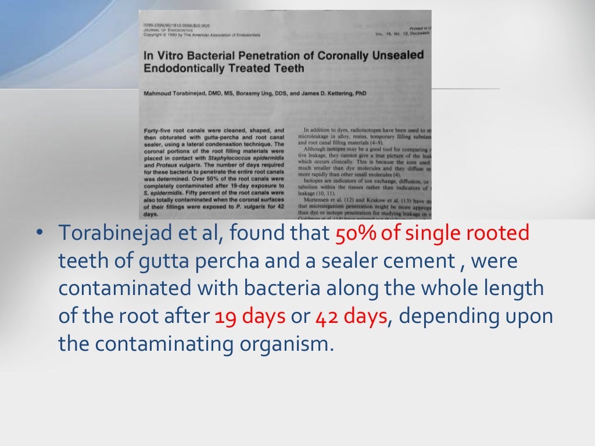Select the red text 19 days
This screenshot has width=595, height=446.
tap(250, 316)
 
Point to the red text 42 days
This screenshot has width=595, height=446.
tap(351, 316)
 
